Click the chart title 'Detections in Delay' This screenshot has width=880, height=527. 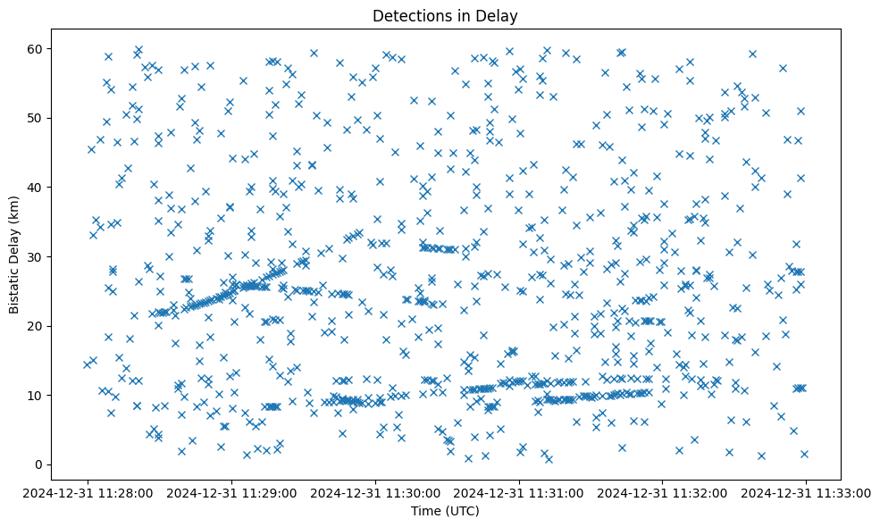point(445,15)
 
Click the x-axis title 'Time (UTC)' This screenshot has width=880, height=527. point(445,511)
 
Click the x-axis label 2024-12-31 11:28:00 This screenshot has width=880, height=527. point(88,492)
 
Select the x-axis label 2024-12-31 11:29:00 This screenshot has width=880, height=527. point(232,492)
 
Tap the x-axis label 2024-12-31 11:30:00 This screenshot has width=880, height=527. point(375,492)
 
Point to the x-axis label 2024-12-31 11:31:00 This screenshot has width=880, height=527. point(519,492)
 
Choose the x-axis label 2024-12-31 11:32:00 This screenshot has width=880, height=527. point(662,492)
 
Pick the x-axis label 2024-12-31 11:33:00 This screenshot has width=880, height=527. point(806,492)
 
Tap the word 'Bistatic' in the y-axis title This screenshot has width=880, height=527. point(14,286)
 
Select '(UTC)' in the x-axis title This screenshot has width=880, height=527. point(462,511)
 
